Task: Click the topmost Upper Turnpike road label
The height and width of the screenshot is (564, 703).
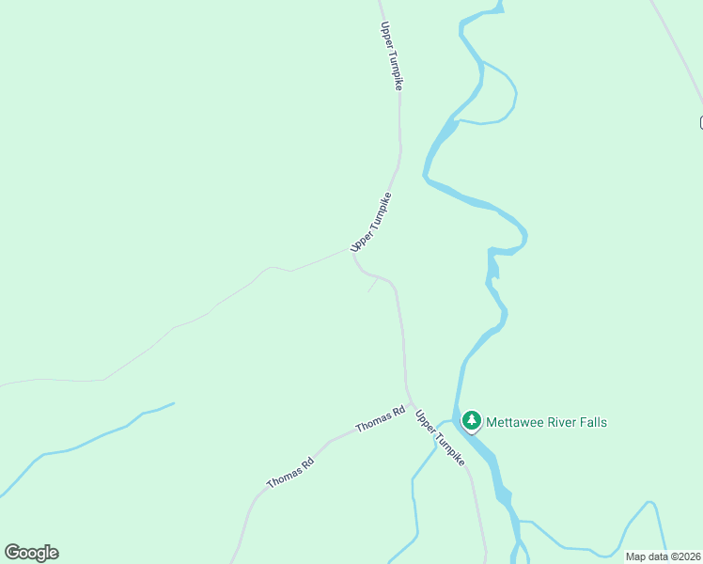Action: pyautogui.click(x=392, y=55)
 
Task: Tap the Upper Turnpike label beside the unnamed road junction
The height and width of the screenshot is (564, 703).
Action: pyautogui.click(x=370, y=222)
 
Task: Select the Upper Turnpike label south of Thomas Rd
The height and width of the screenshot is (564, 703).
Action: pyautogui.click(x=440, y=438)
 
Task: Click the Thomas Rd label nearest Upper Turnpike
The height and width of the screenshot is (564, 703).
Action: pyautogui.click(x=381, y=420)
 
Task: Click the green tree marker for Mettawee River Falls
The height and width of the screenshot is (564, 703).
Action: pyautogui.click(x=471, y=421)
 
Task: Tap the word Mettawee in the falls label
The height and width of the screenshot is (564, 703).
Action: pyautogui.click(x=515, y=422)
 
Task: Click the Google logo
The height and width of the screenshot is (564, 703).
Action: pyautogui.click(x=31, y=553)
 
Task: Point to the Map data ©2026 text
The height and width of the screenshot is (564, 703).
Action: pyautogui.click(x=663, y=556)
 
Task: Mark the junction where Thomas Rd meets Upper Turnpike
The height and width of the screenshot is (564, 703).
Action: pyautogui.click(x=412, y=404)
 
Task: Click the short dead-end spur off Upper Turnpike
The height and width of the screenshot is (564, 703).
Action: pyautogui.click(x=372, y=286)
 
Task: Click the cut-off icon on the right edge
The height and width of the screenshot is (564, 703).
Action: pyautogui.click(x=700, y=122)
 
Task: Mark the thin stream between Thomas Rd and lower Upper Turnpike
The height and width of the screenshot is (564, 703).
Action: pyautogui.click(x=414, y=498)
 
